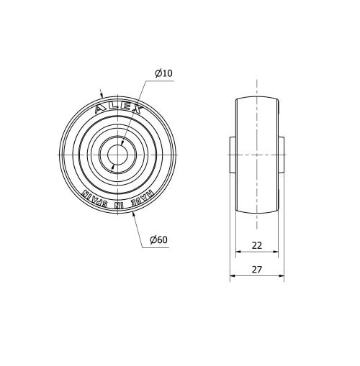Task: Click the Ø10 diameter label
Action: click(163, 73)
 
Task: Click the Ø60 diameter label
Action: click(158, 239)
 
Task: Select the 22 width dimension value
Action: click(257, 245)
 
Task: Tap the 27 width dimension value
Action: click(257, 270)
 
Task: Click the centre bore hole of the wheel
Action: click(117, 155)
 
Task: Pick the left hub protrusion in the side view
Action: click(233, 155)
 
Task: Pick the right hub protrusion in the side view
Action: click(282, 155)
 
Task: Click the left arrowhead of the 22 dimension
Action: click(238, 252)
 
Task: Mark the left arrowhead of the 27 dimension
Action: click(233, 277)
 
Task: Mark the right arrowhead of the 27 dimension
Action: click(282, 277)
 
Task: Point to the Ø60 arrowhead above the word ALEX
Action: click(102, 94)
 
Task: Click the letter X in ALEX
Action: click(137, 110)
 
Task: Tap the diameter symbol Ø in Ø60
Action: click(153, 239)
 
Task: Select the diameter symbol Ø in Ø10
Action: click(158, 73)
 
